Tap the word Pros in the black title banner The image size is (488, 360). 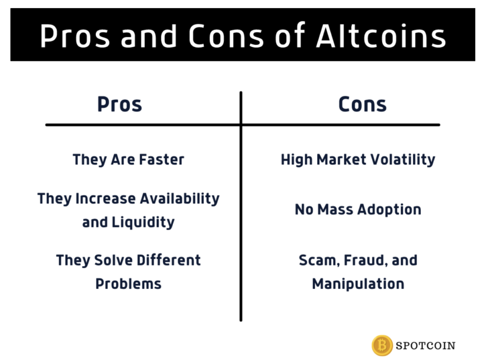tap(75, 36)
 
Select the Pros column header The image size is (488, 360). tap(120, 104)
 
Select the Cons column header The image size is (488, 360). tap(362, 104)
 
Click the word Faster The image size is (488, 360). tap(162, 159)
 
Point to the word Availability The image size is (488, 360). tap(180, 199)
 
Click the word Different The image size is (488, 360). tap(169, 260)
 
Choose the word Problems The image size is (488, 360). tap(128, 284)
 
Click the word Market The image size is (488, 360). tap(341, 159)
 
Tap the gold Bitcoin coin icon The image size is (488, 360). tap(382, 345)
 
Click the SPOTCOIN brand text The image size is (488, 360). tap(426, 346)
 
